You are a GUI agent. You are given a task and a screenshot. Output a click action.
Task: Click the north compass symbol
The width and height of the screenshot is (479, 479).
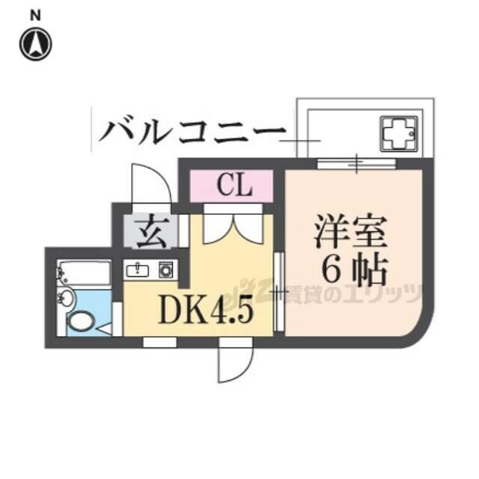point(36,43)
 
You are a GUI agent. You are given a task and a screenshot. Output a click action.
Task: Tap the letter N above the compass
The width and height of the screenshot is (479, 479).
point(35,16)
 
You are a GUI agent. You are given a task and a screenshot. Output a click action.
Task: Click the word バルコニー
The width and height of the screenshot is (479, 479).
point(192,132)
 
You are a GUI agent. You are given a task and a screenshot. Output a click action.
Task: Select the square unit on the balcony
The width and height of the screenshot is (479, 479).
point(399,134)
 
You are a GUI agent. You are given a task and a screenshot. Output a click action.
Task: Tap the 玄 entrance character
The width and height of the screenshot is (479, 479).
point(151,232)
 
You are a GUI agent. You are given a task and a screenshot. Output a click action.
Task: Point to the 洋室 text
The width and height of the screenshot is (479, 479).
point(351,231)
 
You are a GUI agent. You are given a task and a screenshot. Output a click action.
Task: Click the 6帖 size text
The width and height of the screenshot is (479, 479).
point(355,270)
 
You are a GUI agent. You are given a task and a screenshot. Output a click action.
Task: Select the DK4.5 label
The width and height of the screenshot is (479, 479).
point(207,310)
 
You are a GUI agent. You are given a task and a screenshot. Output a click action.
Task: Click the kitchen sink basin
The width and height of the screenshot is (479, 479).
point(138,270)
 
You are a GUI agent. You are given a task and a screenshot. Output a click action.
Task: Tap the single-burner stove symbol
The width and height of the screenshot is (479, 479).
point(166,269)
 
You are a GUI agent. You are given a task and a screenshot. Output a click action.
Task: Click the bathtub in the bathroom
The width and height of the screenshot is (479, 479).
point(84,274)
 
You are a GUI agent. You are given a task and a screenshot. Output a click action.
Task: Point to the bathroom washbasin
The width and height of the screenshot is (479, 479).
point(66,297)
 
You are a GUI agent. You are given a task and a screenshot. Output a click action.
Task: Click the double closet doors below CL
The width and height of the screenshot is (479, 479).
point(233,229)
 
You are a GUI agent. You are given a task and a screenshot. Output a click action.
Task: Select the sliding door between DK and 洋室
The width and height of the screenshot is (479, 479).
point(278,291)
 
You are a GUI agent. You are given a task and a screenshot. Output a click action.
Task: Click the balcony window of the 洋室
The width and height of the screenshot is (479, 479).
point(356,163)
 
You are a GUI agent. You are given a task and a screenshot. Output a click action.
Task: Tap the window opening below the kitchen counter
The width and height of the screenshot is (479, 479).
point(159,343)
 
